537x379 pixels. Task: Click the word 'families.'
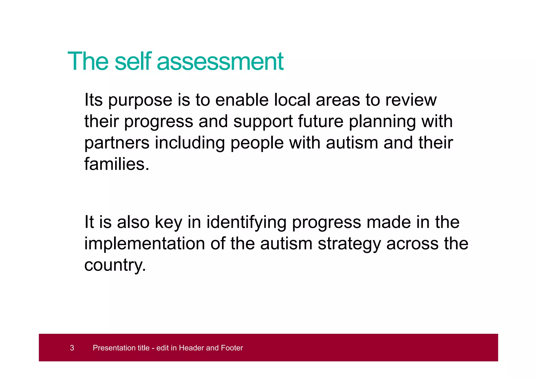pos(117,164)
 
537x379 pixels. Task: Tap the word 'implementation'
pos(144,244)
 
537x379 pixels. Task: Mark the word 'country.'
pos(115,265)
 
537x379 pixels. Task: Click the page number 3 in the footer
pos(72,348)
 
